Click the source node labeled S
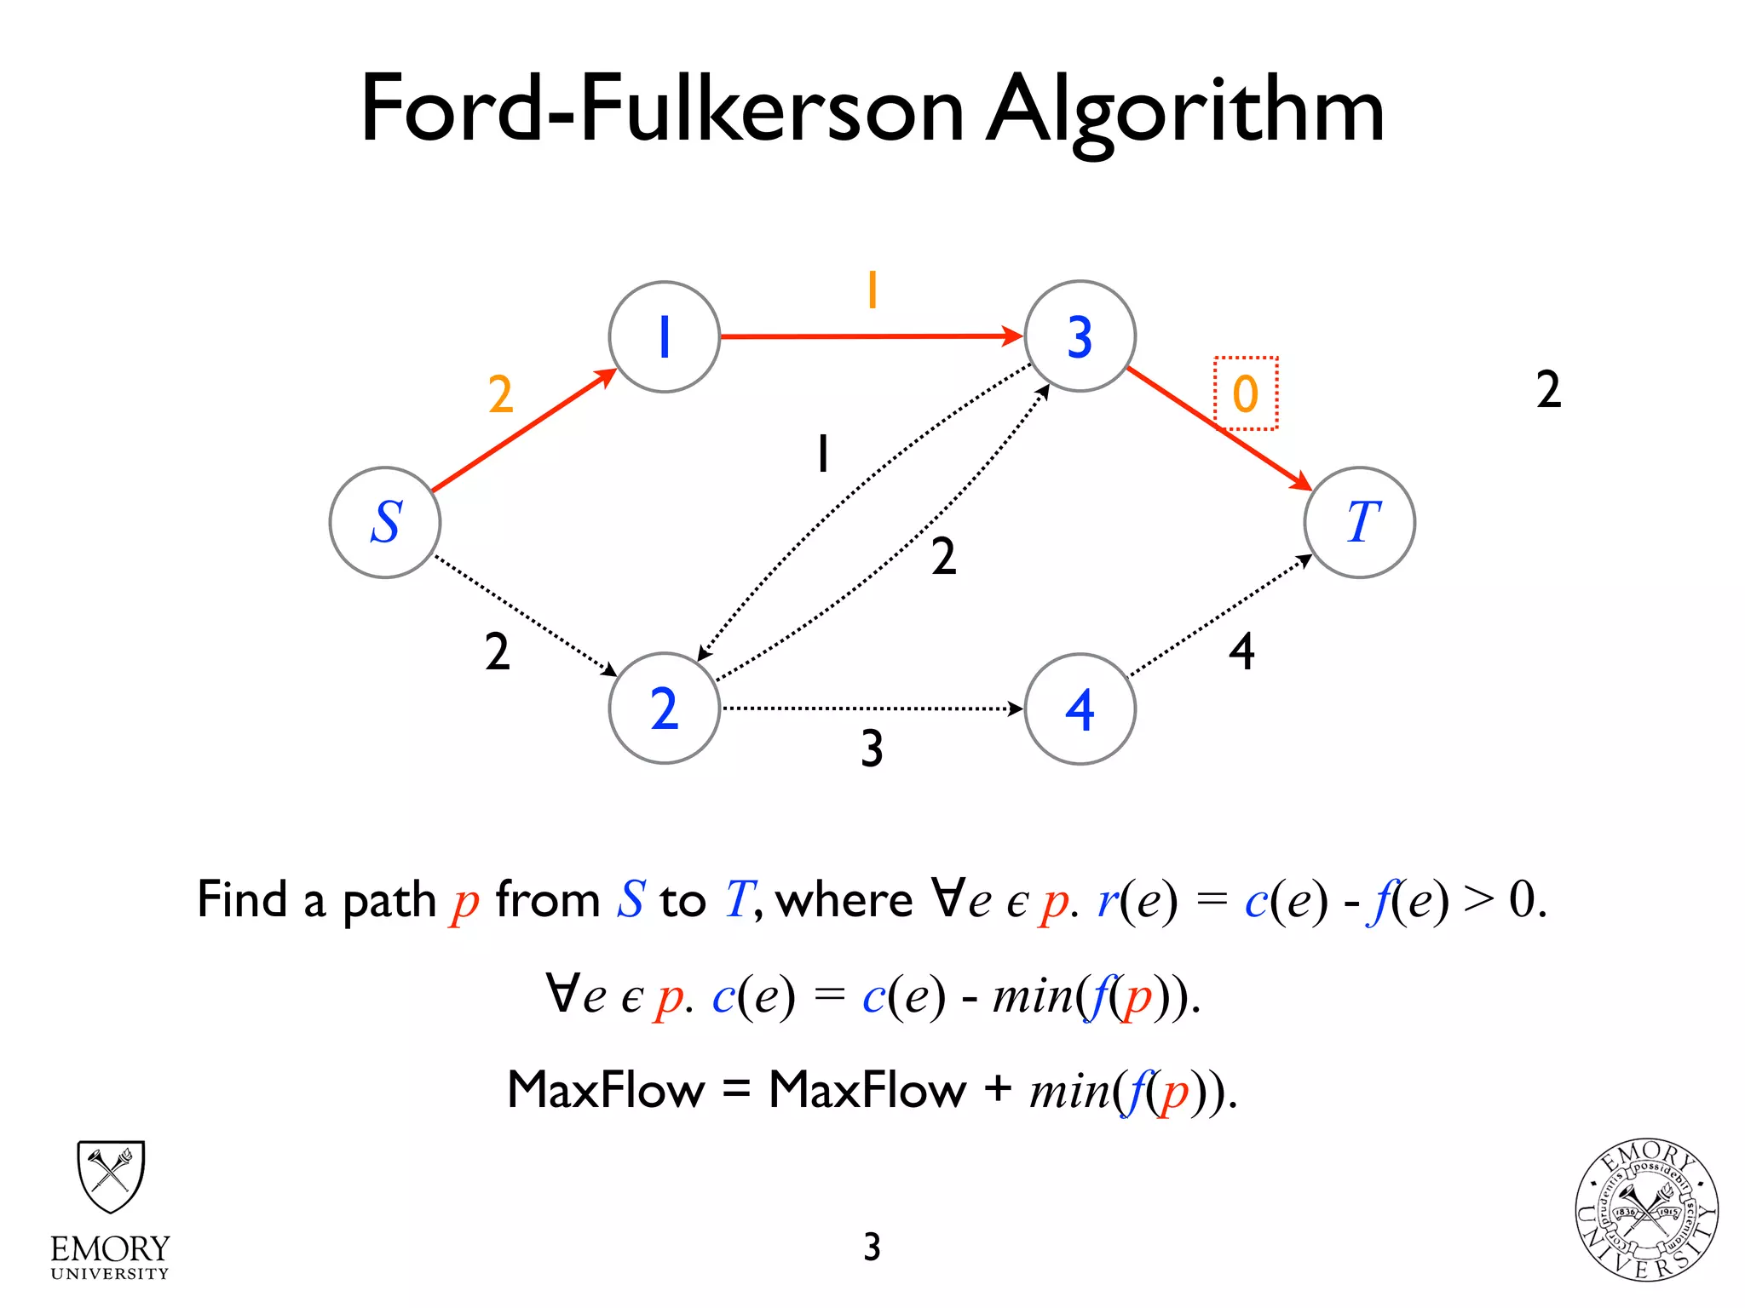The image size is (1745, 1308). coord(385,522)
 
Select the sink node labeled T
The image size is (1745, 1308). coord(1360,522)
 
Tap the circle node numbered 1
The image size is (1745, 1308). coord(665,337)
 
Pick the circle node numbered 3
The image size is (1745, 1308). coord(1080,336)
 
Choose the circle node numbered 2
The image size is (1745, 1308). coord(665,708)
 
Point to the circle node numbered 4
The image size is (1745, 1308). coord(1080,709)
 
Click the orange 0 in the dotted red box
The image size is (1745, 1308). coord(1246,393)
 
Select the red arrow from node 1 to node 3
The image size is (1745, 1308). coord(869,336)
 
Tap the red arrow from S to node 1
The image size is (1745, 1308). coord(521,431)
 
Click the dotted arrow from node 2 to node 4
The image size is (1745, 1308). coord(869,708)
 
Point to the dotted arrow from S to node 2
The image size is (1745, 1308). coord(524,615)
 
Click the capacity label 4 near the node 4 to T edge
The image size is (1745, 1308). coord(1241,652)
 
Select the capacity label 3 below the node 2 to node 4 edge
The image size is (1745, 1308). coord(872,749)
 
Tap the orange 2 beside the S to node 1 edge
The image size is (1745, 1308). coord(501,394)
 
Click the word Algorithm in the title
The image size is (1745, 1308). coord(1184,111)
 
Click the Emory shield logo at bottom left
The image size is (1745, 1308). coord(111,1176)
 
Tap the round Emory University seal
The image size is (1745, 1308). coord(1646,1210)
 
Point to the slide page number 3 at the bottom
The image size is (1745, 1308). coord(872,1247)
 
